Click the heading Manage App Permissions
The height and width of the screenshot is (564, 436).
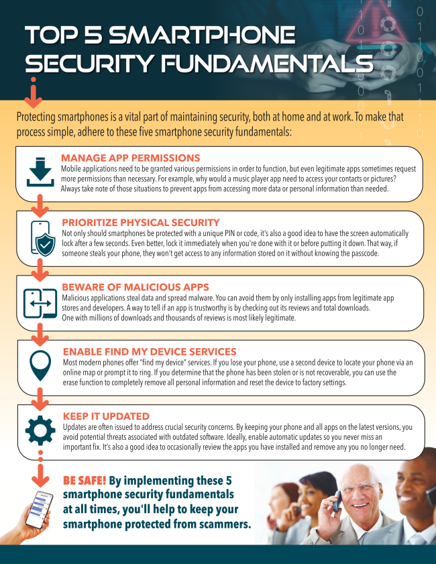tap(130, 158)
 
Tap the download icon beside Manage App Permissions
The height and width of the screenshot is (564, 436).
tap(40, 172)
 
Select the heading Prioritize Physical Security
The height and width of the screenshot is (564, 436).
tap(141, 223)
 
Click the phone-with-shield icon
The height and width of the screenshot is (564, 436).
tap(43, 239)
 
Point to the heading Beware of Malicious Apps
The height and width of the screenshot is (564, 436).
tap(135, 287)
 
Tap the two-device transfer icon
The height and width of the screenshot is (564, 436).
tap(40, 303)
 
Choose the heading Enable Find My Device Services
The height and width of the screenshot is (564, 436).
tap(150, 352)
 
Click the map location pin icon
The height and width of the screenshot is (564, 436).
tap(40, 365)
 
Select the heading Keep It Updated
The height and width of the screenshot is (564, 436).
tap(106, 416)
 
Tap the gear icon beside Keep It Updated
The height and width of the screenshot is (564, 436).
tap(40, 431)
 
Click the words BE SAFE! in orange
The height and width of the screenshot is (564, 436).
tap(85, 481)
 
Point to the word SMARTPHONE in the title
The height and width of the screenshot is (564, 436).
tap(202, 36)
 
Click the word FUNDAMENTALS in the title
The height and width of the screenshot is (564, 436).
tap(267, 63)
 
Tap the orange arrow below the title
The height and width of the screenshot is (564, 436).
tap(34, 93)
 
